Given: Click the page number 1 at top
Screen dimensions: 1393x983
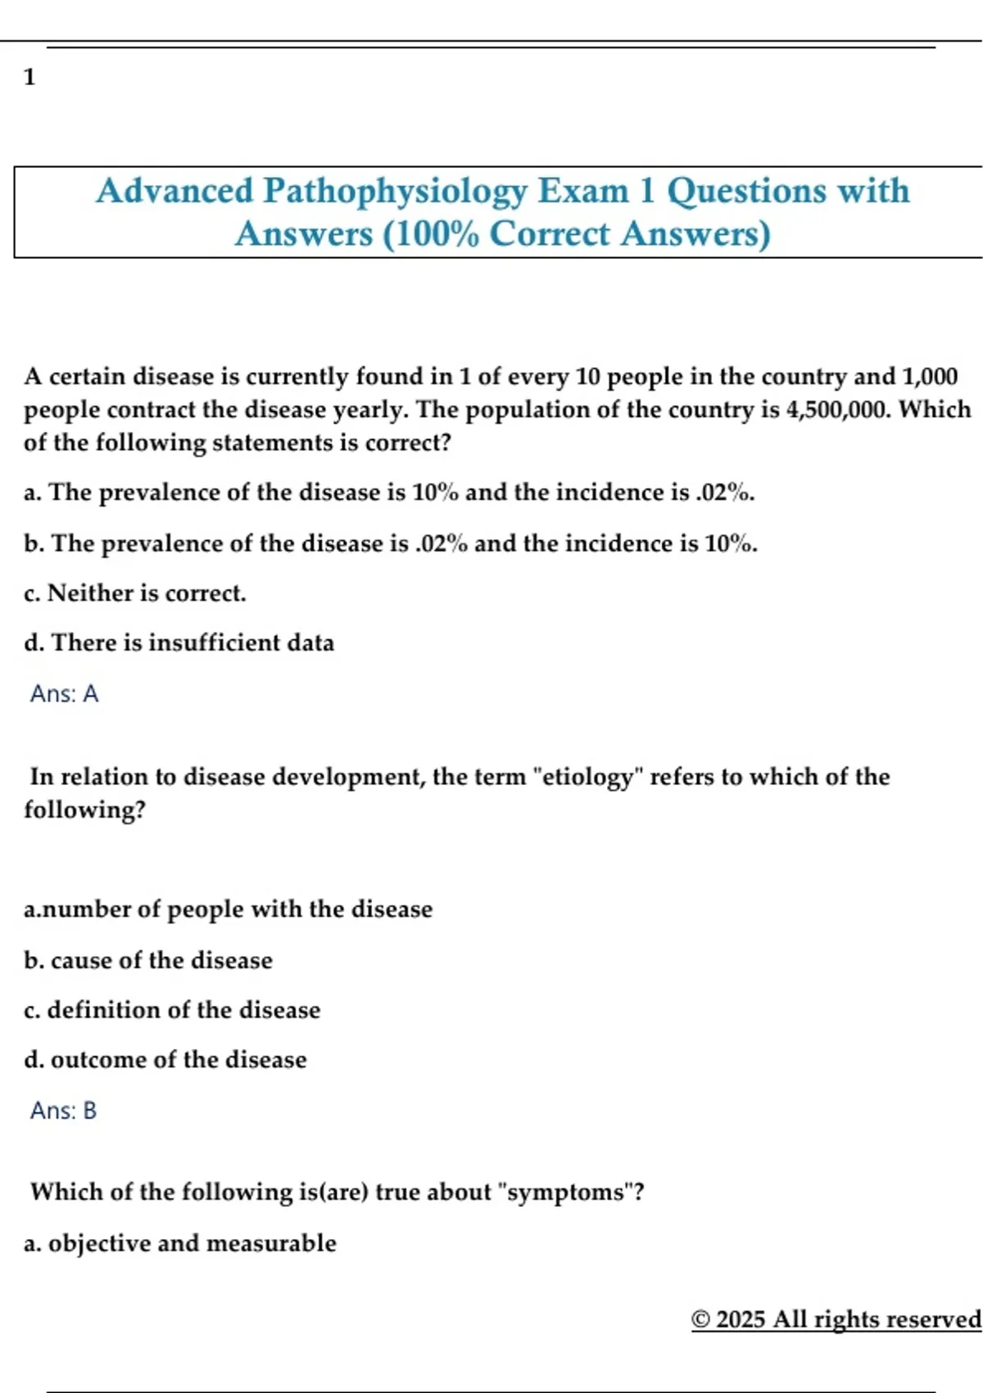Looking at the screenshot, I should [x=29, y=78].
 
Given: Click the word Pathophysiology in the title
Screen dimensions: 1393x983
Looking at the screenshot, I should [x=395, y=192].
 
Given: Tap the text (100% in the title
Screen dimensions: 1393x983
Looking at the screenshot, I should [x=431, y=234].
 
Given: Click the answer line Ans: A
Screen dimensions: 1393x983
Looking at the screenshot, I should [x=64, y=694].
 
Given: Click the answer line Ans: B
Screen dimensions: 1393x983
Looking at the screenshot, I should [x=63, y=1111].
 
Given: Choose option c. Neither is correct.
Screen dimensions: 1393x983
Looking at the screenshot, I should [x=135, y=593].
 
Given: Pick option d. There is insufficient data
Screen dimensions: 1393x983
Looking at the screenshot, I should [x=179, y=643].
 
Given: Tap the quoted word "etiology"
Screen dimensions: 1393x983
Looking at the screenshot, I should [x=588, y=777].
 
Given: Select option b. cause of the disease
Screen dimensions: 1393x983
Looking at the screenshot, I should [x=148, y=960].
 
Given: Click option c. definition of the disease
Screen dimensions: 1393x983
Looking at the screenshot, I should [x=172, y=1010].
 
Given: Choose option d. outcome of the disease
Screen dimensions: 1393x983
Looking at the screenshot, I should [x=165, y=1060].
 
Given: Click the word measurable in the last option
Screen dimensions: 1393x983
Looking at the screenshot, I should [x=271, y=1244].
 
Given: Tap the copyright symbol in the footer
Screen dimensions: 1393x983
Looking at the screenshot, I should [x=700, y=1320].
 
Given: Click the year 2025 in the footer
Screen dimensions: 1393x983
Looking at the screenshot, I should [x=741, y=1320].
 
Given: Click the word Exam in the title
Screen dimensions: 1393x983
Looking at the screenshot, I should [x=582, y=192].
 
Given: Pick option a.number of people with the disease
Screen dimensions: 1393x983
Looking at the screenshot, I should [x=228, y=910].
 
